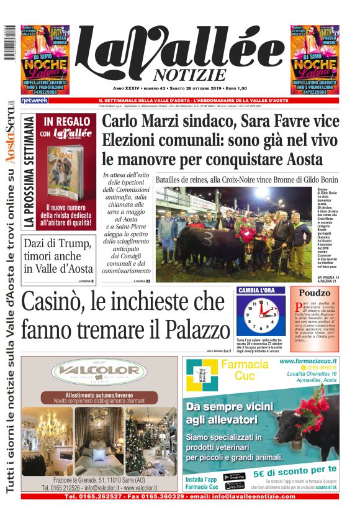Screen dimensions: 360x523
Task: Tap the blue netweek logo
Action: click(34, 100)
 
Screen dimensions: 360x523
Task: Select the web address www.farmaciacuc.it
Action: click(308, 360)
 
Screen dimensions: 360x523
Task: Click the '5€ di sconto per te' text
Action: click(295, 470)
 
